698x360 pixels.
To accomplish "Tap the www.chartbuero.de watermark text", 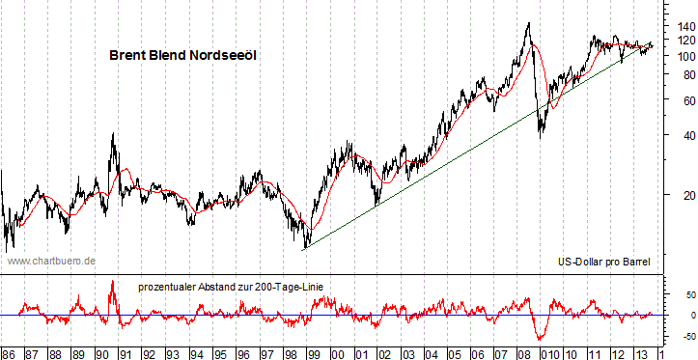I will tap(50, 261).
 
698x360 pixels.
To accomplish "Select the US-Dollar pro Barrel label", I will tap(604, 262).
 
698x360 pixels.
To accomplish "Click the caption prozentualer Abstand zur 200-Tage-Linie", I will tap(243, 287).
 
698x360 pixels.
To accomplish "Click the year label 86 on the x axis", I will tap(9, 353).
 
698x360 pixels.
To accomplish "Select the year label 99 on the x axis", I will tap(313, 353).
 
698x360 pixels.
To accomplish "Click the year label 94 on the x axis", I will tap(196, 353).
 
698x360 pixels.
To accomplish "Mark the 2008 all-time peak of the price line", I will tap(527, 23).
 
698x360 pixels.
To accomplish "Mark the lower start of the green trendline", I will tap(304, 249).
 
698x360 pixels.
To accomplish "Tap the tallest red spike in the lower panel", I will tap(113, 282).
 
